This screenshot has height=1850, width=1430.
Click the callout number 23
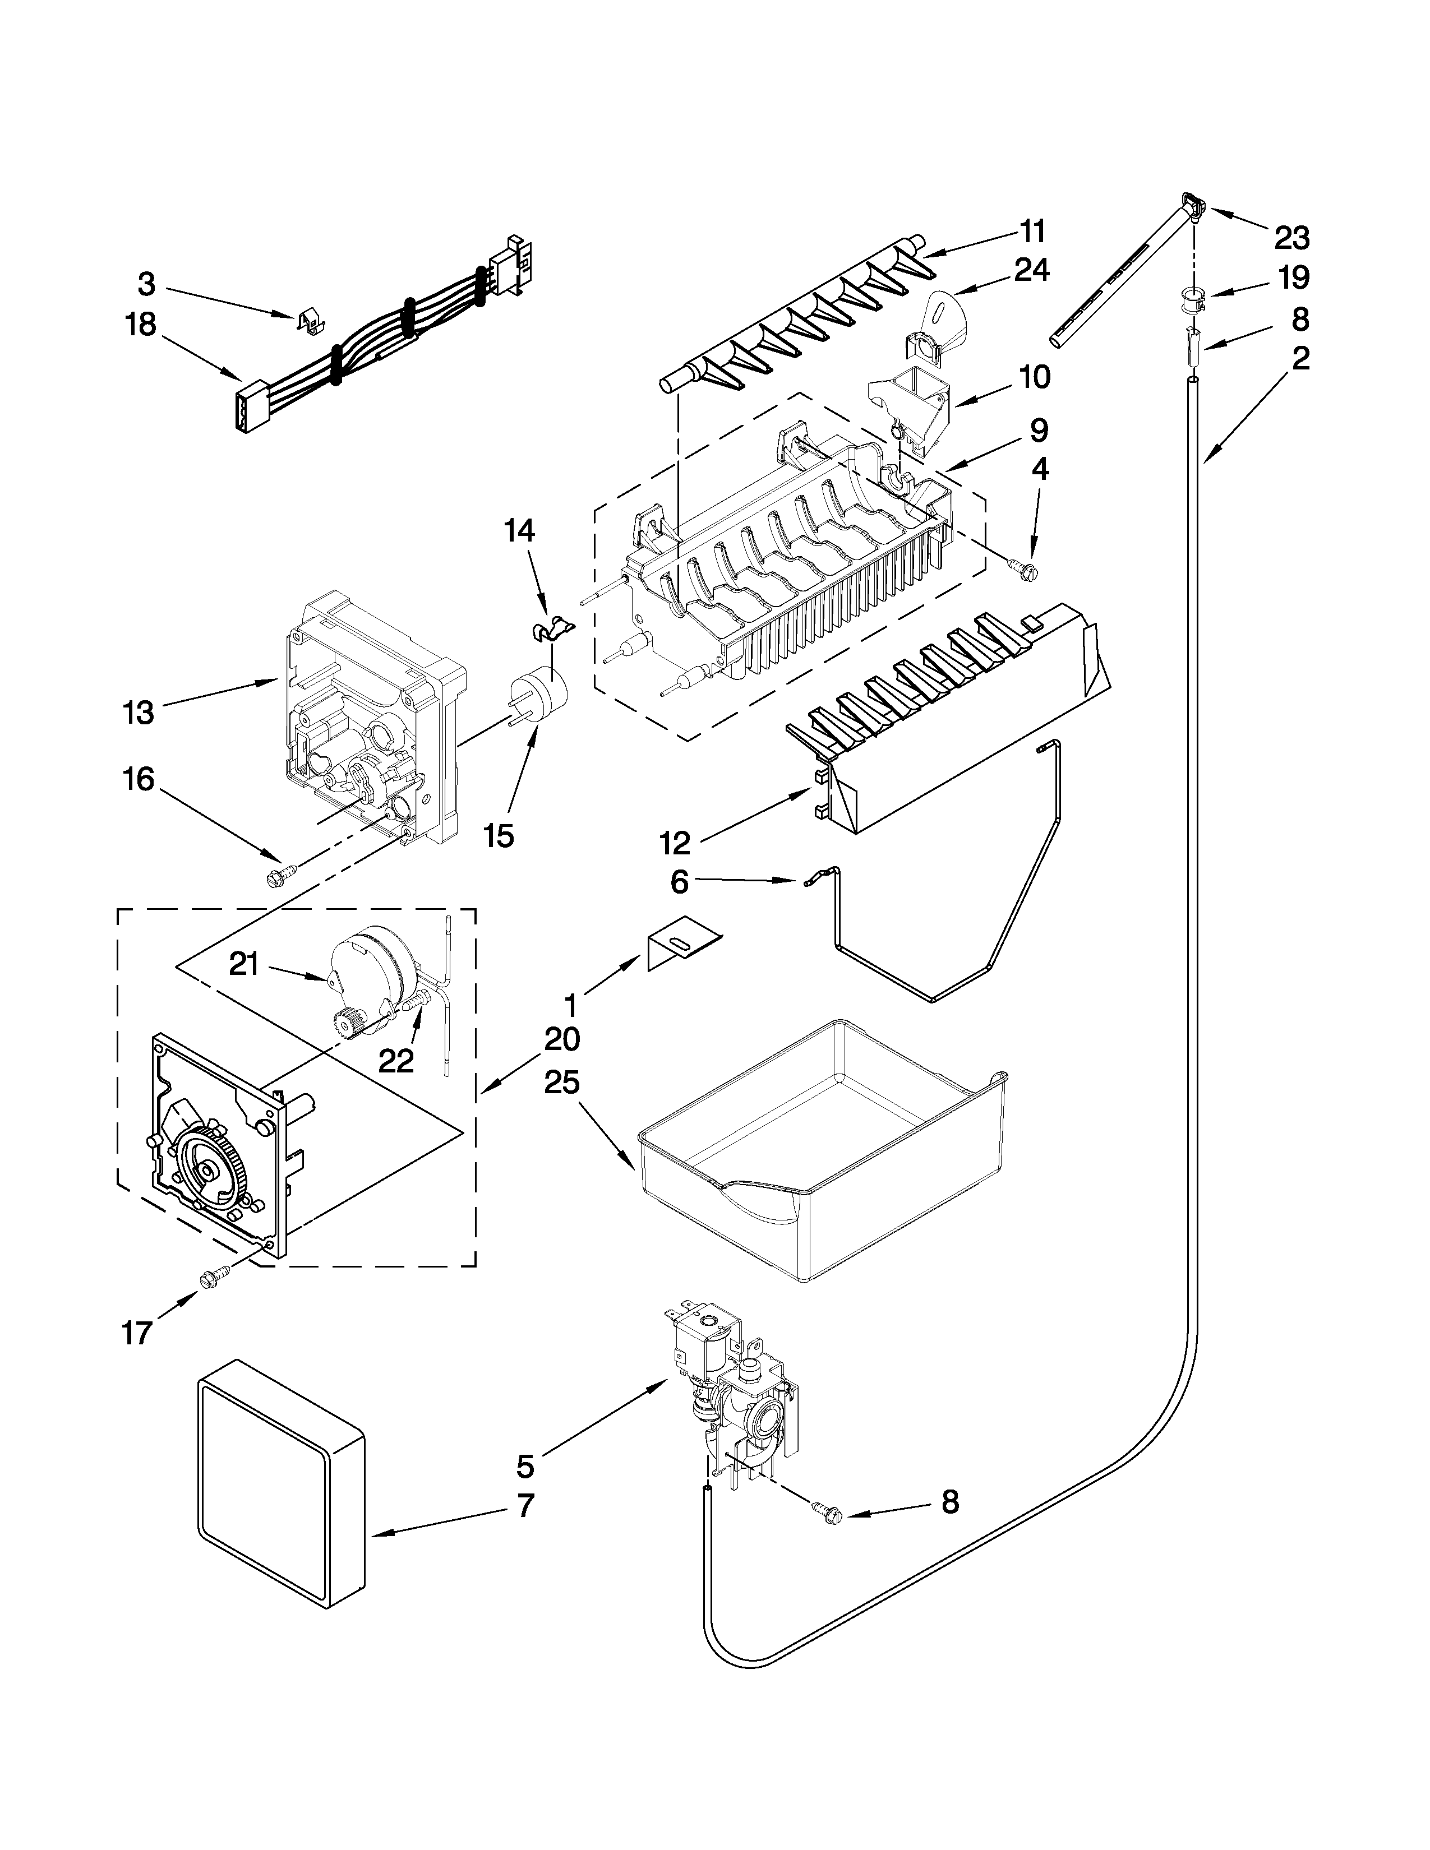tap(1292, 238)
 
